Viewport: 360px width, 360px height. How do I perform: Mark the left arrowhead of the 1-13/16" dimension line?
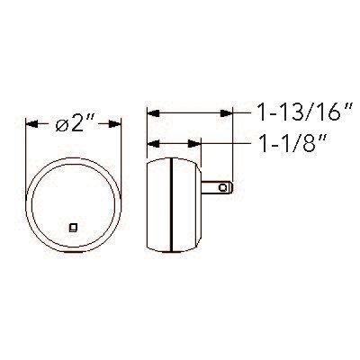pos(151,112)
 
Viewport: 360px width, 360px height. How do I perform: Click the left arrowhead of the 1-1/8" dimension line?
pos(151,142)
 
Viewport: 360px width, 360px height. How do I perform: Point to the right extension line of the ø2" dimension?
pos(122,144)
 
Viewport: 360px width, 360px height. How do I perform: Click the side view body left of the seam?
pos(157,203)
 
